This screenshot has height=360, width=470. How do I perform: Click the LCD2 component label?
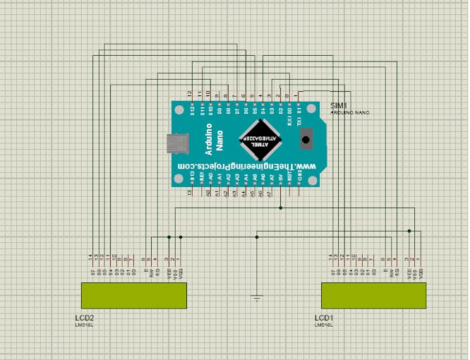tap(84, 318)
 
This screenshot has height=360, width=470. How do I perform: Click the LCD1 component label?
tap(324, 318)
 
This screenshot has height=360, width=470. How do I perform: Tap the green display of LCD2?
tap(134, 295)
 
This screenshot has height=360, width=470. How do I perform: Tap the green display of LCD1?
tap(374, 295)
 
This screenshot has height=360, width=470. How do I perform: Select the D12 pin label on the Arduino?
tap(192, 110)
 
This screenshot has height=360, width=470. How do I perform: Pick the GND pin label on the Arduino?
tap(299, 173)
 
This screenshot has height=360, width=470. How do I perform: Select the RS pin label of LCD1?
tap(397, 271)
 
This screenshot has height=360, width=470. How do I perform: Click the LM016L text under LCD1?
tap(324, 325)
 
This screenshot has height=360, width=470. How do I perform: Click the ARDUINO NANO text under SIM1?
tap(349, 113)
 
